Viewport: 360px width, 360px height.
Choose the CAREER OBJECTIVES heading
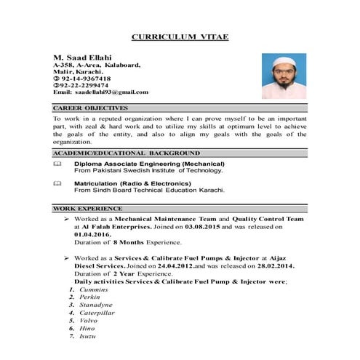(90, 108)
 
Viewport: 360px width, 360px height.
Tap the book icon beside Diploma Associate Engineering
(58, 165)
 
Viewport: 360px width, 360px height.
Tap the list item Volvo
(89, 321)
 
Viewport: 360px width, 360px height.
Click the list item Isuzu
(88, 337)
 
